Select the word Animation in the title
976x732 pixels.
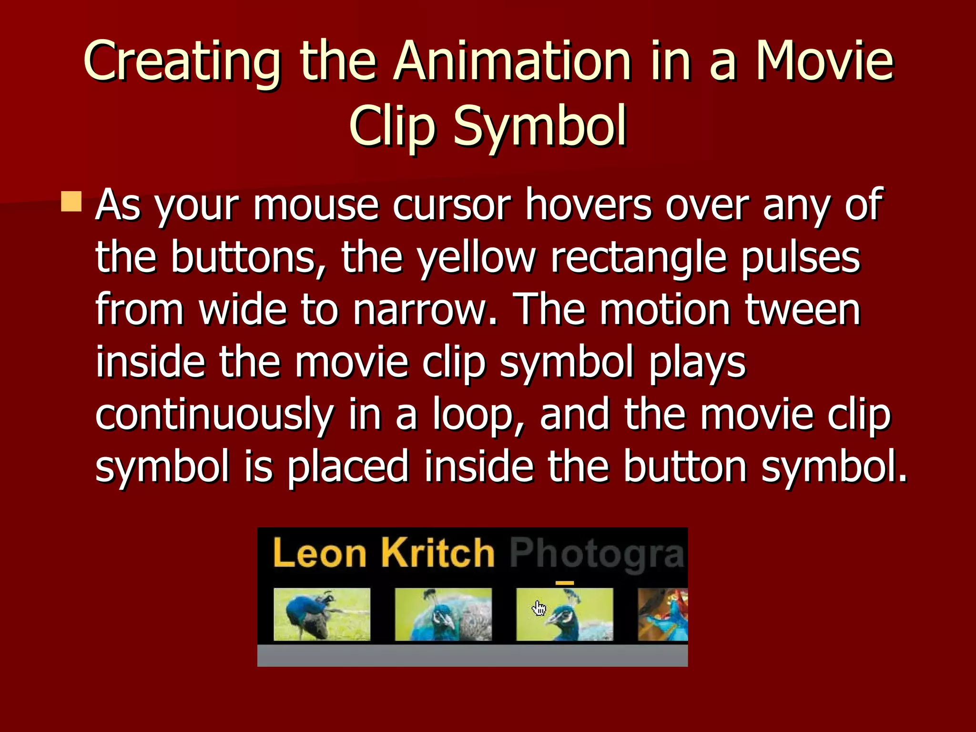pos(512,62)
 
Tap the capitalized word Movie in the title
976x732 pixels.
pos(824,62)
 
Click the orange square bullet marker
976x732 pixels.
pos(71,202)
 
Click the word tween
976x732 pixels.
pos(803,310)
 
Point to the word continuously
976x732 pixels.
pos(214,415)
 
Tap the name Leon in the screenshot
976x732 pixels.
pos(320,553)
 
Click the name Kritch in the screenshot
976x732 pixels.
pos(437,553)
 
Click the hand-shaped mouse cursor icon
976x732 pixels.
pos(539,608)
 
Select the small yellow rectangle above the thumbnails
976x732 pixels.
pos(565,582)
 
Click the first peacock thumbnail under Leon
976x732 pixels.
pos(322,614)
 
